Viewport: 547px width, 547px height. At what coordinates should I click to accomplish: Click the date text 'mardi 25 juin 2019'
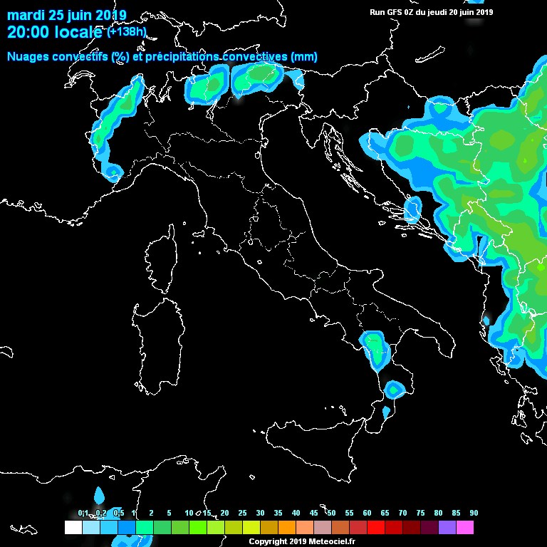67,15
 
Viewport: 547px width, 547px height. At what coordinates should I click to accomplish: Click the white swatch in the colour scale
73,528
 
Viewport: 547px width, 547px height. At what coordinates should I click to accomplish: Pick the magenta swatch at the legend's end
465,528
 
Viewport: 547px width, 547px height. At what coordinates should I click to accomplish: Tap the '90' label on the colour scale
474,514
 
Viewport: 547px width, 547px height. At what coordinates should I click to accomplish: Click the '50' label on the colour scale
331,514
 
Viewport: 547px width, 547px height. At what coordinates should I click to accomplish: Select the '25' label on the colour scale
242,514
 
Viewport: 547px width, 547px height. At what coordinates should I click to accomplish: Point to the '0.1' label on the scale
83,514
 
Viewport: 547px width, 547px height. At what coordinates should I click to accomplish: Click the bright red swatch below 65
376,528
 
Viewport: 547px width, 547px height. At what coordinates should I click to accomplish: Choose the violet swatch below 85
447,528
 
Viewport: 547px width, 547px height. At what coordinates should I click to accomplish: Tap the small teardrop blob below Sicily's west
99,494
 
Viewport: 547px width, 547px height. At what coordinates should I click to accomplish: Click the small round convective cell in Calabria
393,389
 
